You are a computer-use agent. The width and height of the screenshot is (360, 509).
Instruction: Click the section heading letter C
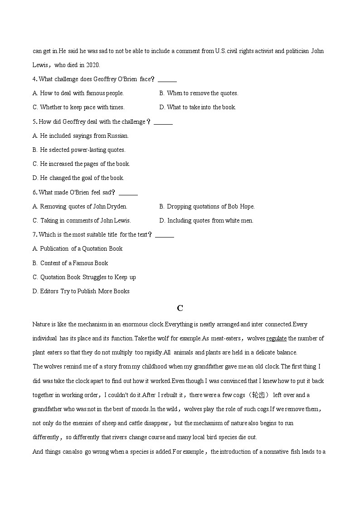click(180, 308)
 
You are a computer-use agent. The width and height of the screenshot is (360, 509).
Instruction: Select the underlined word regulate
click(276, 339)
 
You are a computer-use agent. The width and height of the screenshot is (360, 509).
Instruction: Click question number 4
click(34, 79)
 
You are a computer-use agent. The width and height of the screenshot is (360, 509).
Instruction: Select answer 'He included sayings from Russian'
click(84, 136)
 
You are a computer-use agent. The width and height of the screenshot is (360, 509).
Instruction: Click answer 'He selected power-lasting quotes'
click(82, 150)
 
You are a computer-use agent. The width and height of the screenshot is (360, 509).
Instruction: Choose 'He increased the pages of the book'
click(84, 164)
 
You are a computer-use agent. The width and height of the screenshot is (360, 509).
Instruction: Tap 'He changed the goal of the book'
click(82, 178)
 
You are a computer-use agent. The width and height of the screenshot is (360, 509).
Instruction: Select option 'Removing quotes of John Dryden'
click(83, 207)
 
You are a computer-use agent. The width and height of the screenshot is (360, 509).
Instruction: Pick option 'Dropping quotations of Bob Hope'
click(210, 207)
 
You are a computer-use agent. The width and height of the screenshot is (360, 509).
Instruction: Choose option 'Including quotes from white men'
click(210, 221)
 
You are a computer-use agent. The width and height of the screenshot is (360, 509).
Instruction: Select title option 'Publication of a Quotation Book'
click(81, 249)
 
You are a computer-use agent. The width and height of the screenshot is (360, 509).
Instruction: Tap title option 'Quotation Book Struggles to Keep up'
click(88, 277)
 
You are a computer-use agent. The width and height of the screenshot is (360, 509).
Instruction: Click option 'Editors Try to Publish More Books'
click(84, 291)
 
